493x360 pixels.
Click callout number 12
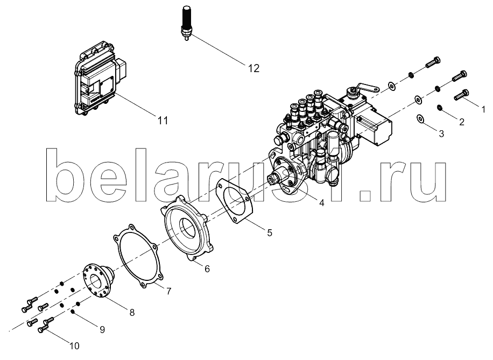click(x=253, y=68)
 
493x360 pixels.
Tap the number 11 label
click(x=163, y=120)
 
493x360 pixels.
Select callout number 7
click(x=169, y=292)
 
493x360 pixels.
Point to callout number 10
click(x=74, y=346)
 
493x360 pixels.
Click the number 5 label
click(x=270, y=232)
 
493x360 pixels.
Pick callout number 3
click(x=441, y=133)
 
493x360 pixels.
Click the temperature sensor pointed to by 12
click(x=186, y=24)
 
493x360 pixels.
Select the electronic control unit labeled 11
click(x=101, y=78)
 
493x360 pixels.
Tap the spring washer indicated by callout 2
click(x=440, y=108)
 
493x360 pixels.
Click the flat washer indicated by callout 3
click(x=420, y=118)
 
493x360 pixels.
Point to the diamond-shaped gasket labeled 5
click(x=234, y=201)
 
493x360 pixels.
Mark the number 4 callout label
click(x=321, y=203)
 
